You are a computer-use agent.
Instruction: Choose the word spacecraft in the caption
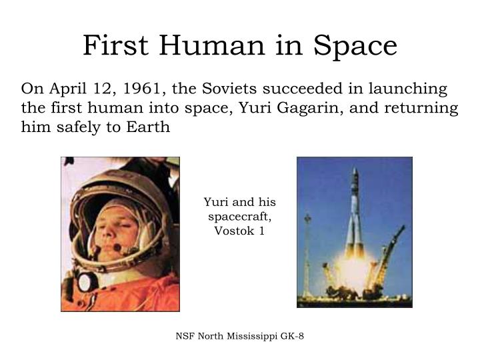tap(239, 217)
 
